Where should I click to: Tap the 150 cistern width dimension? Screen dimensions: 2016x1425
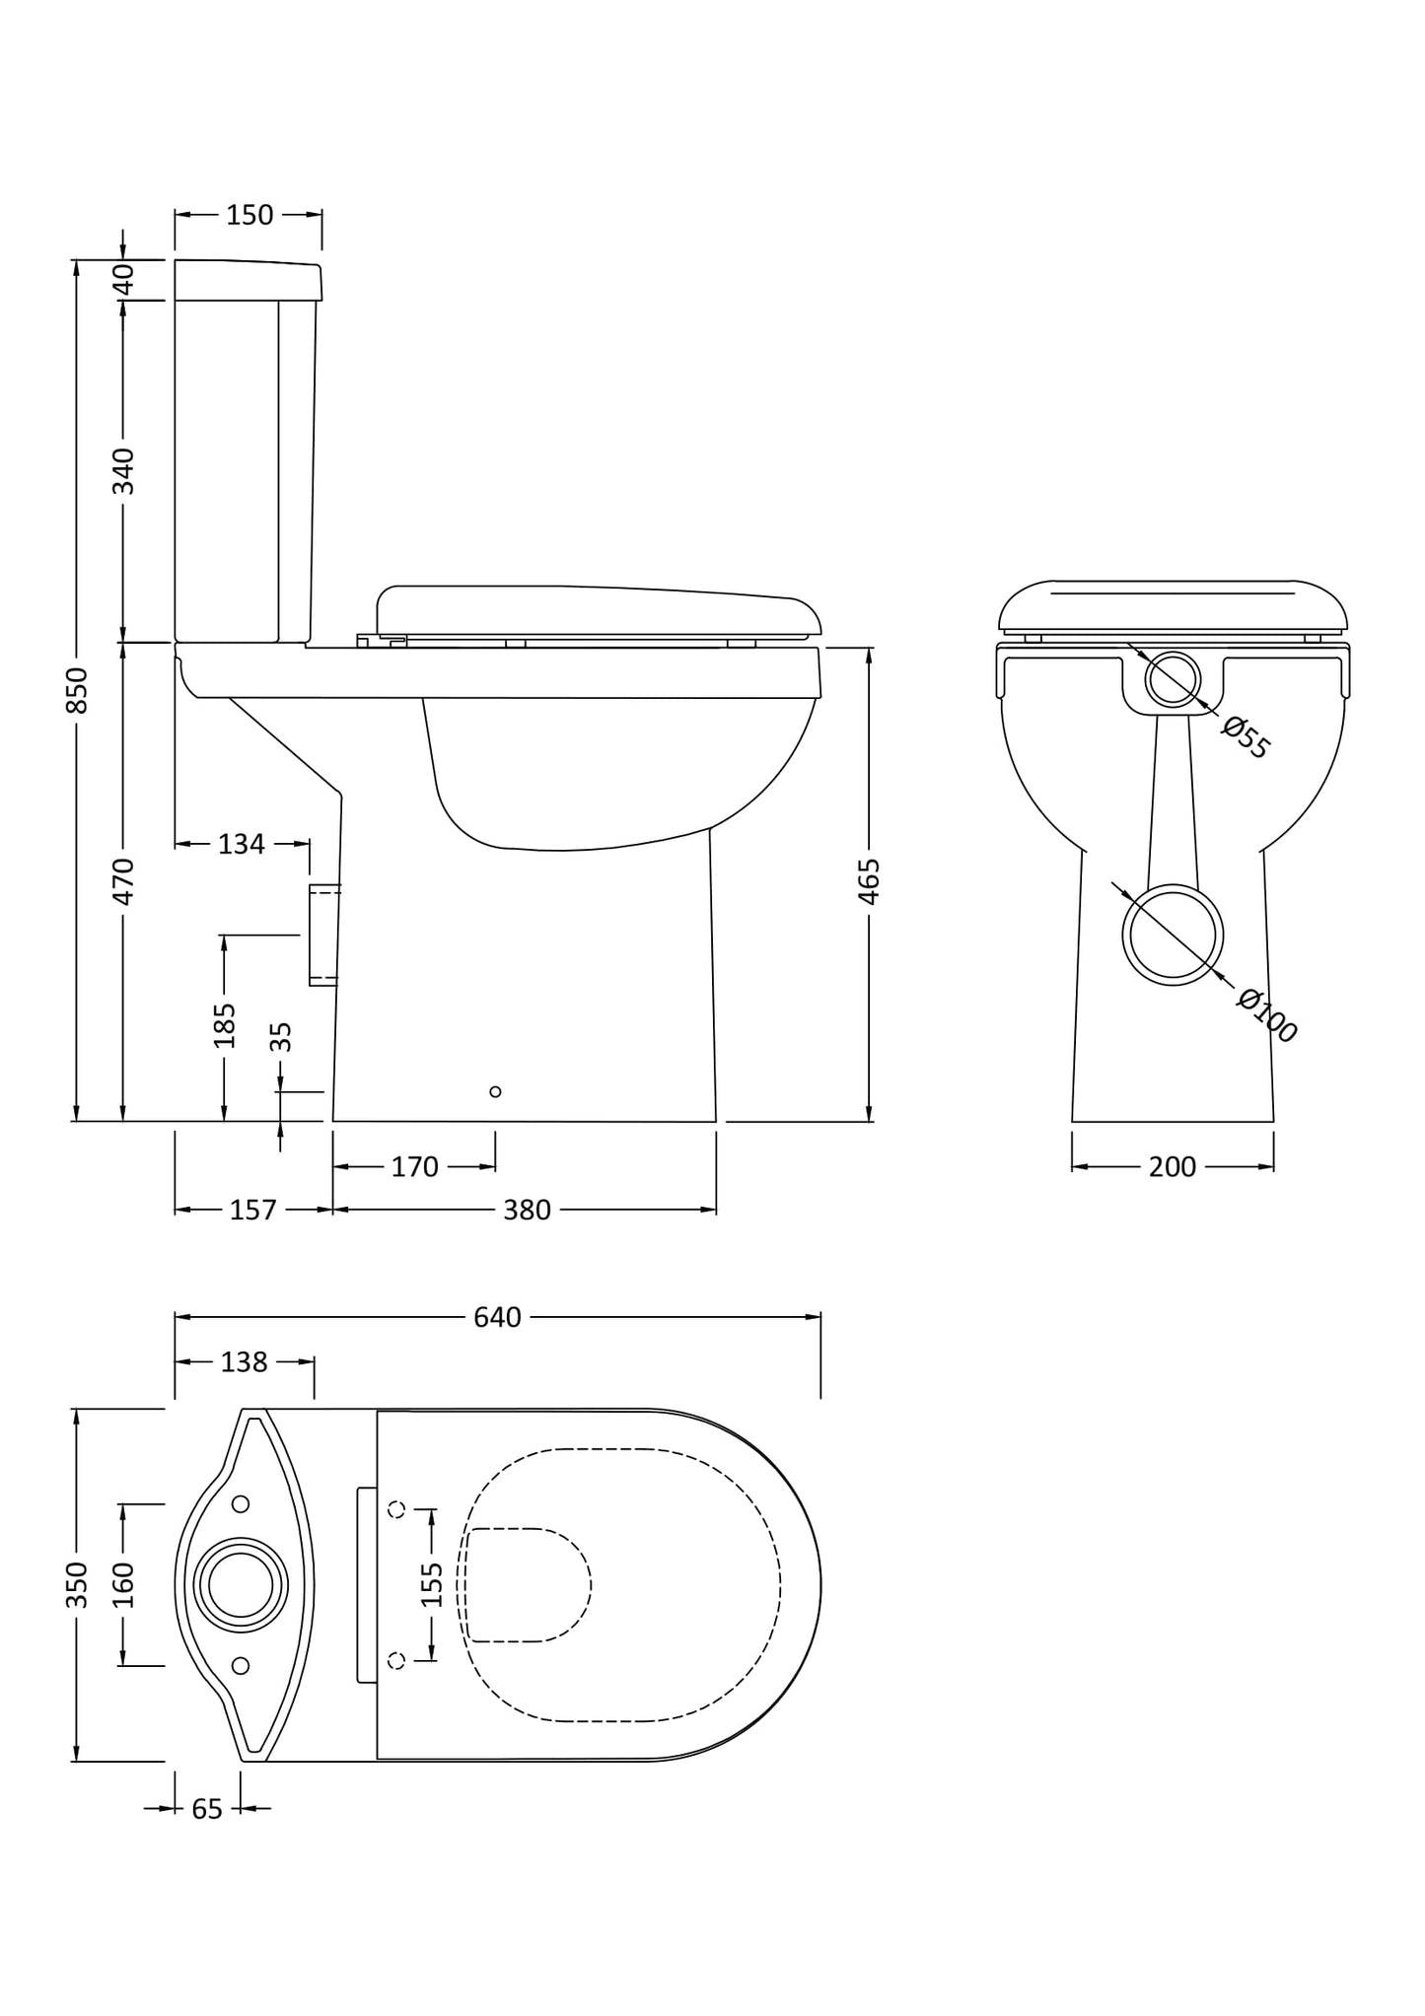coord(249,215)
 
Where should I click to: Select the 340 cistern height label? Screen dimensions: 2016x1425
coord(123,471)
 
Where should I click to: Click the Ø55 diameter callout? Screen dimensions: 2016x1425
coord(1245,738)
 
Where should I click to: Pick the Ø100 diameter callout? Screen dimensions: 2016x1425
coord(1267,1014)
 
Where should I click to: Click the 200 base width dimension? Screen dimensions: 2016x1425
coord(1172,1167)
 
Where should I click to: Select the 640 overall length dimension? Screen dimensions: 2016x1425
coord(497,1317)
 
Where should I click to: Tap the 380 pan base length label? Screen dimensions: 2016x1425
coord(527,1210)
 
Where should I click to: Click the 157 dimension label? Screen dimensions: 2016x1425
coord(252,1210)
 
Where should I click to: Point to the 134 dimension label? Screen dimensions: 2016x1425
coord(242,844)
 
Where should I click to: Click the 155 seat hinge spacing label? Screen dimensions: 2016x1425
coord(432,1584)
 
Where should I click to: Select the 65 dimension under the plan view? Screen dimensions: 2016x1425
coord(207,1809)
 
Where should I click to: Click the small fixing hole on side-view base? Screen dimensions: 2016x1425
coord(495,1091)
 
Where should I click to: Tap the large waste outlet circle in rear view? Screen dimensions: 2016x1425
coord(1172,935)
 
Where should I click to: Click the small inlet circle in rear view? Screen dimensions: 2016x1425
coord(1173,679)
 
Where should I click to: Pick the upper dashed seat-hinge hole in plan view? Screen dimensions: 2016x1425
coord(397,1509)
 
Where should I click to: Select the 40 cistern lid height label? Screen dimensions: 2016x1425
coord(123,280)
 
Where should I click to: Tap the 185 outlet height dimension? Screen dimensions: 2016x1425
coord(225,1025)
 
